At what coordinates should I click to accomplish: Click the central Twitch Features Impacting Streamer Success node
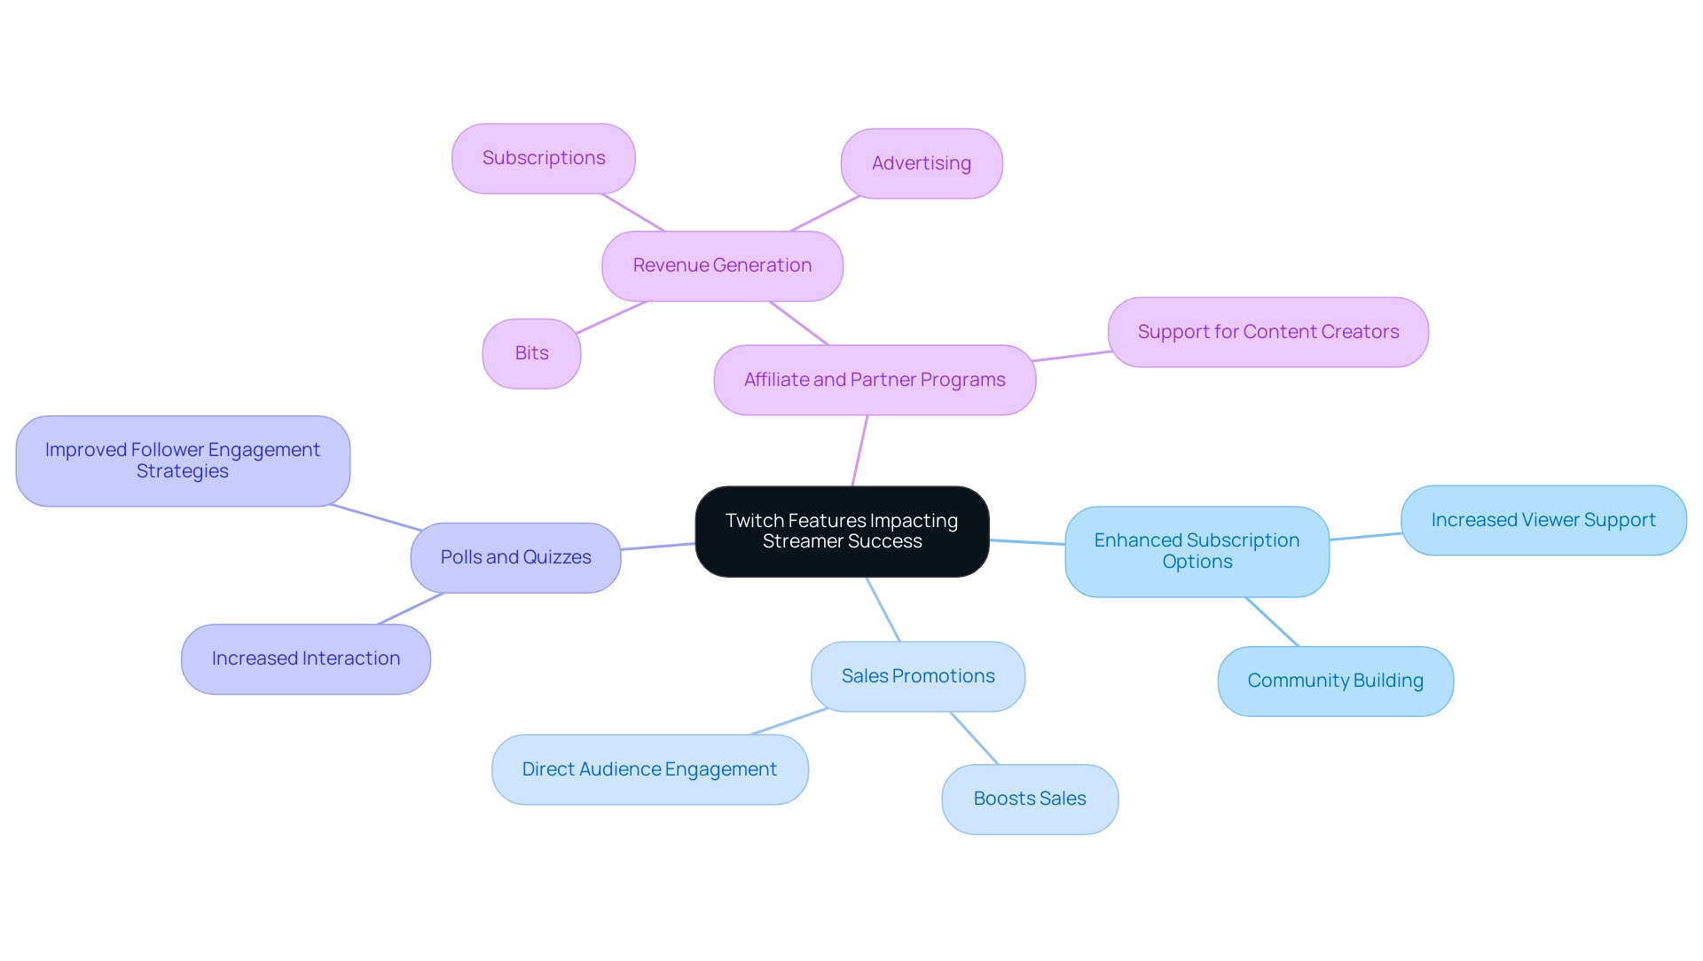click(842, 531)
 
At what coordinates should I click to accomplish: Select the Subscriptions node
click(544, 158)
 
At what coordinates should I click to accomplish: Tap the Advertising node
click(922, 163)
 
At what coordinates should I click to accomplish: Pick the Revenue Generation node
click(722, 265)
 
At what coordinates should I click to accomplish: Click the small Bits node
click(531, 353)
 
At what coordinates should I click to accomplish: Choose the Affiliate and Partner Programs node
click(875, 380)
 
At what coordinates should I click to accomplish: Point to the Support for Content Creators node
click(1267, 332)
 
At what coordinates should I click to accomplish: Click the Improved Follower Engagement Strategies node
click(183, 461)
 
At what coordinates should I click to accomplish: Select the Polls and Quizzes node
click(515, 557)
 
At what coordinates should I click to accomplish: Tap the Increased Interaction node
click(306, 658)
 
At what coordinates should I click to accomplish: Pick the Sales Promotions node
click(918, 676)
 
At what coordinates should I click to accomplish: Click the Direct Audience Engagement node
click(649, 769)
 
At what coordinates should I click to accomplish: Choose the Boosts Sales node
click(1030, 799)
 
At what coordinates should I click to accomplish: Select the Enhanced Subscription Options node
click(1197, 551)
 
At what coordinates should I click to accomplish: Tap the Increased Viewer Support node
click(1543, 520)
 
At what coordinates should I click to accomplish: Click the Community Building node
click(1335, 681)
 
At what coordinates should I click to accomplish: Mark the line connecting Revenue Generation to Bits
click(612, 317)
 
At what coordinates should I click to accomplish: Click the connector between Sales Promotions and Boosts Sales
click(974, 737)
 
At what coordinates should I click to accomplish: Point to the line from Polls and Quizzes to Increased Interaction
click(411, 609)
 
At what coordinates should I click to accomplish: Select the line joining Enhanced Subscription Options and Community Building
click(1272, 621)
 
